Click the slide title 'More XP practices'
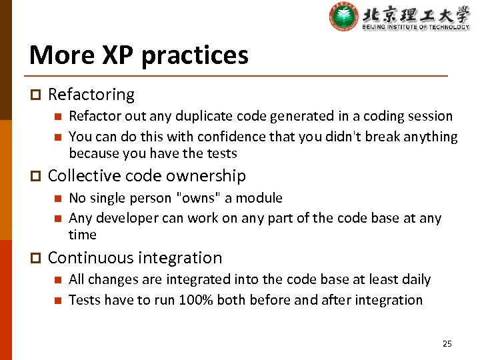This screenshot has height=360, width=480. tap(139, 55)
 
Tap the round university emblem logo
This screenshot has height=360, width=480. tap(343, 17)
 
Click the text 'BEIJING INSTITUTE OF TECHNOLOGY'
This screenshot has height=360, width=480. tap(416, 27)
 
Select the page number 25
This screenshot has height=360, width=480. tap(447, 343)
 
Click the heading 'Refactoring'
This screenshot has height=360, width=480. tap(91, 95)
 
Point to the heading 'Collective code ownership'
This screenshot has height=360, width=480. tap(147, 176)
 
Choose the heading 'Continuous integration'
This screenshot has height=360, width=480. tap(135, 258)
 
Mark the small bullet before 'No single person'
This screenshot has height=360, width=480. tap(57, 199)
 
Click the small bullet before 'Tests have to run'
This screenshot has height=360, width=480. tap(57, 301)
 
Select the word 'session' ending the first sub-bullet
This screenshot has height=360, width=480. tap(429, 116)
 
